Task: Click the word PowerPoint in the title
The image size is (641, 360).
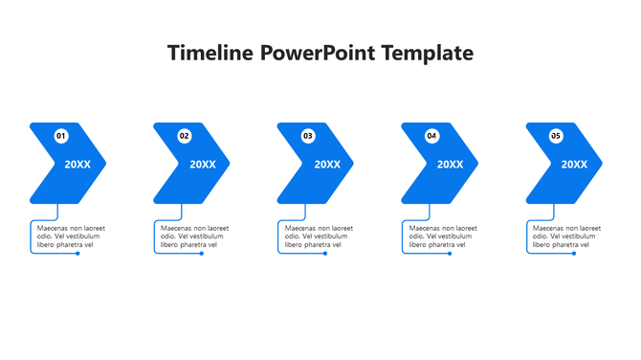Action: pyautogui.click(x=305, y=53)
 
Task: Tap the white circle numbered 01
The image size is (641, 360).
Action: pyautogui.click(x=61, y=137)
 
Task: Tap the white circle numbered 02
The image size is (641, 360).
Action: pyautogui.click(x=185, y=137)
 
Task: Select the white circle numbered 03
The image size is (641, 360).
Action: pyautogui.click(x=308, y=137)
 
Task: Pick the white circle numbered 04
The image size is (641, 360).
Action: pyautogui.click(x=431, y=137)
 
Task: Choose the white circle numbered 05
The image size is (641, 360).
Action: pyautogui.click(x=555, y=137)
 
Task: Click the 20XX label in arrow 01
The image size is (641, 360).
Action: pyautogui.click(x=77, y=165)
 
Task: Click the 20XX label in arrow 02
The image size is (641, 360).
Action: pyautogui.click(x=203, y=165)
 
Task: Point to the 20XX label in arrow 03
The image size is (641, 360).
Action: pyautogui.click(x=327, y=165)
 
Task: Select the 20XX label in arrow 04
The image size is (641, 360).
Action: pyautogui.click(x=450, y=165)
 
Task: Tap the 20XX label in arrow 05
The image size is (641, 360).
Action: pyautogui.click(x=574, y=165)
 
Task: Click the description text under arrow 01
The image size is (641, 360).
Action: pyautogui.click(x=70, y=236)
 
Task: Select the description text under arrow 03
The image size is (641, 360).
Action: pyautogui.click(x=318, y=236)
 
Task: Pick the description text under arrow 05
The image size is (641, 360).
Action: pyautogui.click(x=565, y=236)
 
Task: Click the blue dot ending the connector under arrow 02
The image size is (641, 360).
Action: pyautogui.click(x=202, y=254)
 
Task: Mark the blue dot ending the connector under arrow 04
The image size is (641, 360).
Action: pyautogui.click(x=450, y=254)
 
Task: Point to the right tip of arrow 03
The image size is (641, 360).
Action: pyautogui.click(x=353, y=164)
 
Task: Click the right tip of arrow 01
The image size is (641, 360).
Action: pyautogui.click(x=105, y=164)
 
